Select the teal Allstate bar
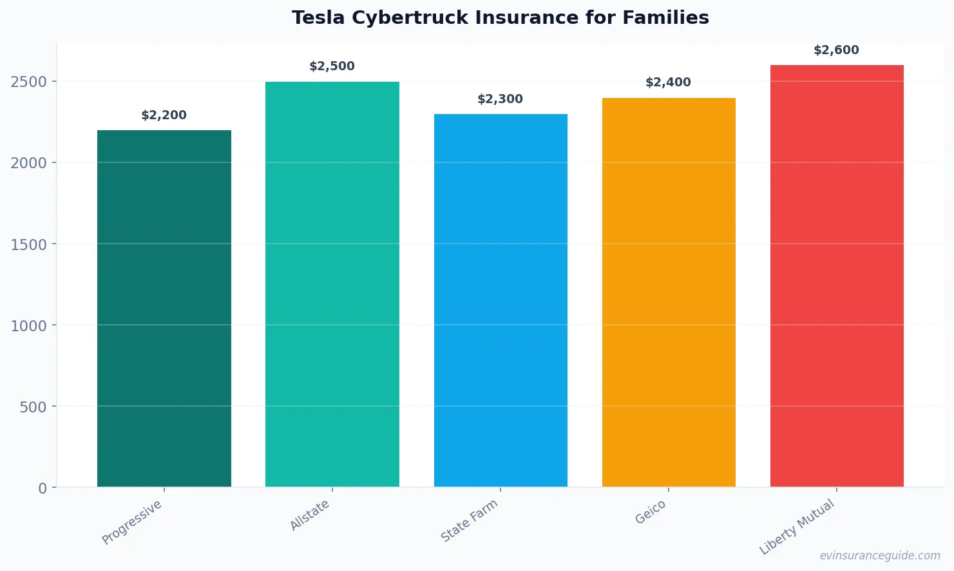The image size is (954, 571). click(332, 284)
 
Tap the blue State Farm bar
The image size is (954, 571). click(501, 300)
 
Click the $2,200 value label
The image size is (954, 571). click(164, 115)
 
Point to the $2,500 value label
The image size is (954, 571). click(332, 66)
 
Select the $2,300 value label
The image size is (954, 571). click(500, 99)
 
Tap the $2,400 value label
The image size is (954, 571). click(668, 82)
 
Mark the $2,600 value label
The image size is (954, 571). click(836, 50)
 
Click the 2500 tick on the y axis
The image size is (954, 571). click(29, 82)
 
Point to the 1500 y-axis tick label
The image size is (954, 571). click(29, 244)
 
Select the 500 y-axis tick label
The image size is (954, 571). click(33, 407)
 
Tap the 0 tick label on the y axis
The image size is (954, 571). click(43, 489)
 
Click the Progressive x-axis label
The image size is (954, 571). click(132, 522)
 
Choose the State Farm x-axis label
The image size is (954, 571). click(469, 521)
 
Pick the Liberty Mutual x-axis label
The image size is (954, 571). click(797, 527)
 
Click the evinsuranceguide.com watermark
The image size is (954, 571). click(880, 556)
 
